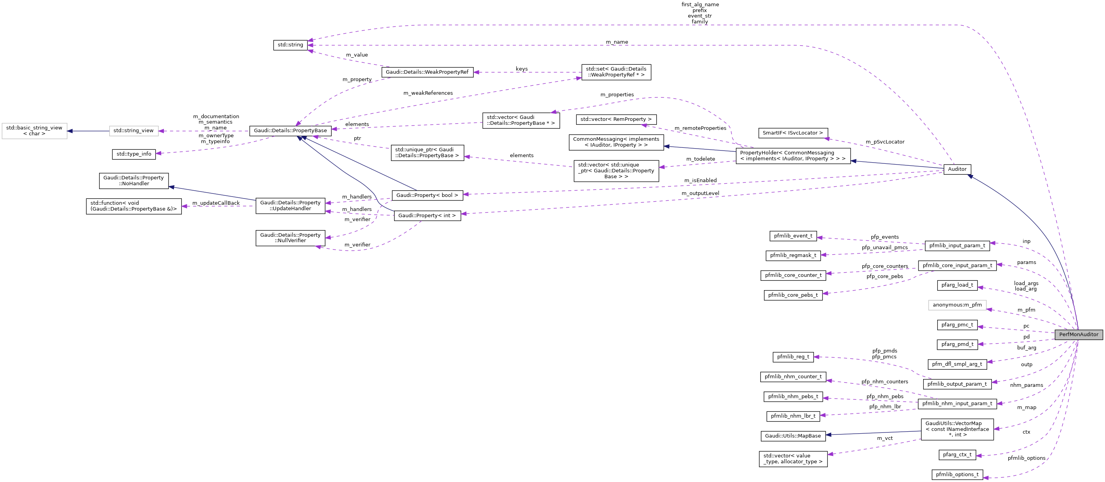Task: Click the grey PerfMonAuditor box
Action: pos(1078,335)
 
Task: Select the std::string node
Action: pos(290,45)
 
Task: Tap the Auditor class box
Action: pos(957,169)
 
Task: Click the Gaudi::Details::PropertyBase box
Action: pos(290,131)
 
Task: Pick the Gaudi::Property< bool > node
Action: pos(427,195)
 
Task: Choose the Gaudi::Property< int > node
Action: pos(427,216)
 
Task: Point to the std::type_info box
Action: pos(134,154)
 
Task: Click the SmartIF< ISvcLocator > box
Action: pos(793,133)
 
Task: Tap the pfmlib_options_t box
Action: pos(957,475)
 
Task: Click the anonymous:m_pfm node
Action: pos(957,305)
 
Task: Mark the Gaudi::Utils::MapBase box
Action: pos(793,436)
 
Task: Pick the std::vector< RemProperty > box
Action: pos(616,119)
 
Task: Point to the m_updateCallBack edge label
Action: pos(216,203)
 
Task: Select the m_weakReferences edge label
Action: pos(428,93)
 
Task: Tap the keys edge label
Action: pos(522,69)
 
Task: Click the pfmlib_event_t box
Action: pos(793,236)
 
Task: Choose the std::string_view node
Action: pos(133,131)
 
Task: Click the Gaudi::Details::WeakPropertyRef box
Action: pos(427,72)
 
